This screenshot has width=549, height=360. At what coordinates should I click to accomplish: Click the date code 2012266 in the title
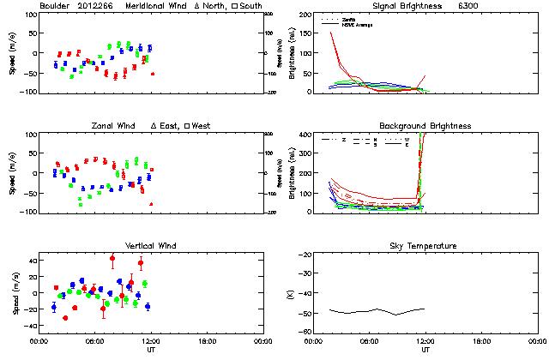click(95, 6)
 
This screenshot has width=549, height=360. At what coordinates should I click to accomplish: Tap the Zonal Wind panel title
click(118, 126)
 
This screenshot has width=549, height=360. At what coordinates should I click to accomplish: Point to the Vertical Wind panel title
click(150, 246)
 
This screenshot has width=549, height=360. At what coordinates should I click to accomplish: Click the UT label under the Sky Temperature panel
click(425, 350)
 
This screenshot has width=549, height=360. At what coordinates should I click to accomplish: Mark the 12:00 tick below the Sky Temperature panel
click(425, 341)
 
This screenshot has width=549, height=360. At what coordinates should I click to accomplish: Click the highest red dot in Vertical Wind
click(112, 258)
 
